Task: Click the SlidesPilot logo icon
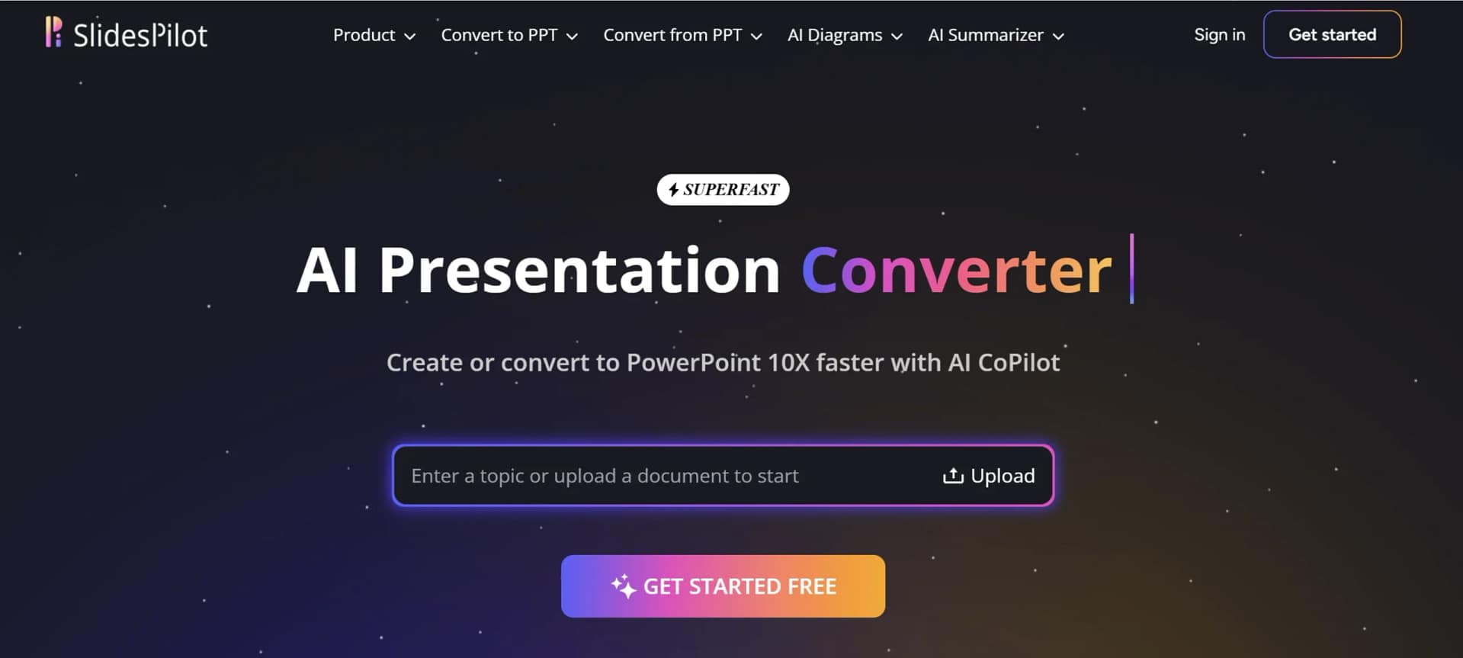pos(53,33)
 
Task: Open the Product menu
pos(374,35)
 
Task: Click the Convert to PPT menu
pos(509,35)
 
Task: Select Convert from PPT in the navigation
pos(682,35)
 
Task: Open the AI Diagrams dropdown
pos(845,35)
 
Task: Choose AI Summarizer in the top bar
pos(996,35)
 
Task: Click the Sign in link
pos(1219,34)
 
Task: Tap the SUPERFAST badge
pos(723,189)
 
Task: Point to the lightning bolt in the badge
pos(673,189)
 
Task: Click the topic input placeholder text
pos(605,476)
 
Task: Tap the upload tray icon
pos(953,476)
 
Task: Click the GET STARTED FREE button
pos(723,586)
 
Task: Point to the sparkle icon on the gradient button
pos(623,586)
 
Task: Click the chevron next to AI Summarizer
pos(1058,36)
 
